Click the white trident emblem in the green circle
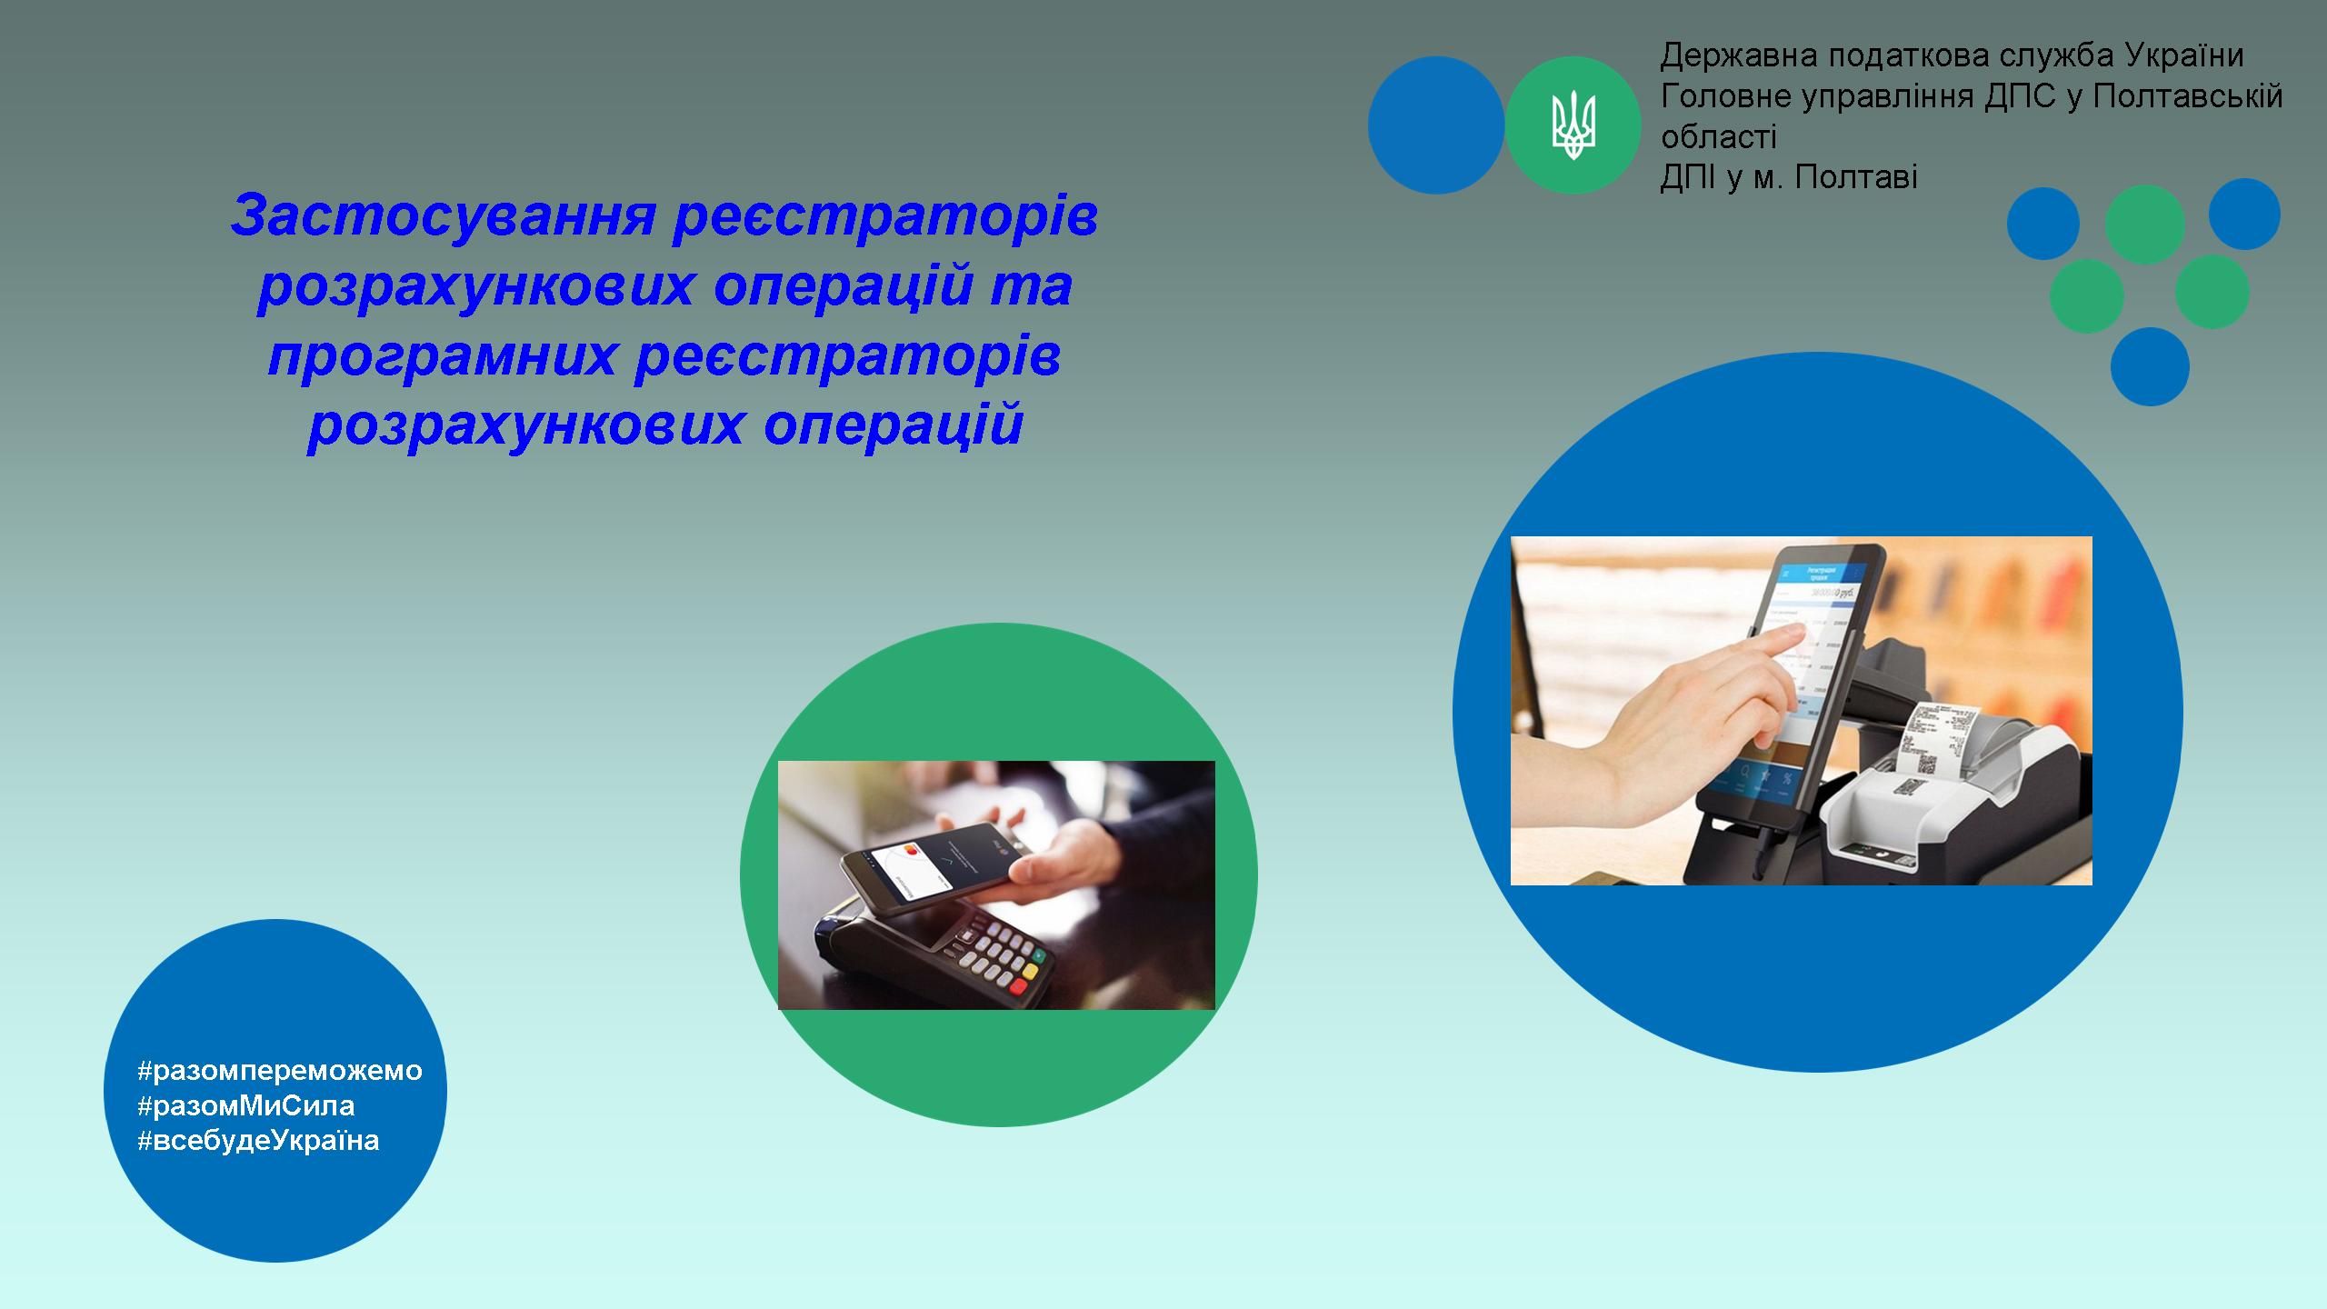point(1573,125)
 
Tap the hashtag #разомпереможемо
point(280,1071)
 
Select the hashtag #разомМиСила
point(245,1105)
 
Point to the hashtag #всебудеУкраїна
point(258,1140)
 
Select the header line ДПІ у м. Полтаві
point(1789,177)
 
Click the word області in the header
point(1718,137)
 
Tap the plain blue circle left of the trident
point(1436,125)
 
